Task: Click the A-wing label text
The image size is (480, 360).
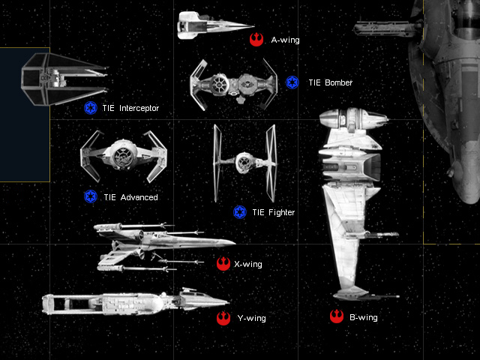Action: point(285,40)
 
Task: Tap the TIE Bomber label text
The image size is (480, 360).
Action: point(328,82)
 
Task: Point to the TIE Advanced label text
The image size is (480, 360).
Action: point(130,197)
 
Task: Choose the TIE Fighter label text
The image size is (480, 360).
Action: point(273,213)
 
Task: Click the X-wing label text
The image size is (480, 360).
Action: point(248,264)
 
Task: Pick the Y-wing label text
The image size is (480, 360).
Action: point(251,319)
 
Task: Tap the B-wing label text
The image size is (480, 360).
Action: point(363,318)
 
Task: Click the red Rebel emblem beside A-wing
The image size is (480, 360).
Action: point(256,39)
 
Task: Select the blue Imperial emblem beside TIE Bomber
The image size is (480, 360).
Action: point(292,82)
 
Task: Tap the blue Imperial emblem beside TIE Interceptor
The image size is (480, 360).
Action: point(90,108)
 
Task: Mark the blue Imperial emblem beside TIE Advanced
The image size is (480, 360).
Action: point(90,196)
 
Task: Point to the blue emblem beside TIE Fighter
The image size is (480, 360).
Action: point(240,212)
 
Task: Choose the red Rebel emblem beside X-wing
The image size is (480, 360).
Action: point(223,263)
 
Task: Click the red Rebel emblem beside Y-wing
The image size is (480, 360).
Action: point(223,319)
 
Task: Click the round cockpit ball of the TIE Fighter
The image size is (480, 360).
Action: point(244,160)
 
